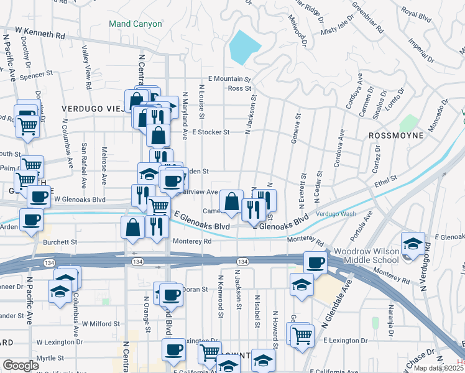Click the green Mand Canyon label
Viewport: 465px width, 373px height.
click(136, 24)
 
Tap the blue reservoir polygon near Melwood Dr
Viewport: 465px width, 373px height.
click(244, 47)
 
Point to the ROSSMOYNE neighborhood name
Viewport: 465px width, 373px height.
click(397, 135)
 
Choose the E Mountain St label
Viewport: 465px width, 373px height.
click(229, 79)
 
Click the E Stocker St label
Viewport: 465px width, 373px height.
click(211, 132)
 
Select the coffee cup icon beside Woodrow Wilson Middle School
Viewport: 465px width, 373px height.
click(316, 262)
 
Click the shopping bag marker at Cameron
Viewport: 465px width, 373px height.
click(231, 201)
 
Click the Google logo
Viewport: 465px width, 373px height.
click(21, 366)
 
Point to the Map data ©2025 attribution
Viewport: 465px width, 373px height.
click(438, 368)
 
